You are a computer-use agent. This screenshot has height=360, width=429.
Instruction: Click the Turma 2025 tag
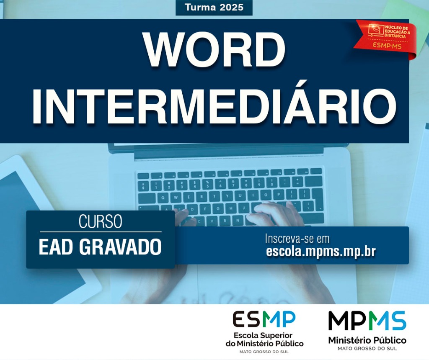[214, 8]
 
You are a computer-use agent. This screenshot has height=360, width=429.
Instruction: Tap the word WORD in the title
[215, 50]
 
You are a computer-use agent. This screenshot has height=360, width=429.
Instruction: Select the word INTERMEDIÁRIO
[214, 106]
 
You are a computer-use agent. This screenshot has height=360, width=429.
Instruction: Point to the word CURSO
[101, 221]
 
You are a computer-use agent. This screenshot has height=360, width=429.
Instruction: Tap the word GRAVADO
[121, 247]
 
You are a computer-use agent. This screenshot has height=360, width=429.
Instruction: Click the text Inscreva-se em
[297, 239]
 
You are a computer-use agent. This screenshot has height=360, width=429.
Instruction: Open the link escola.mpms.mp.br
[320, 252]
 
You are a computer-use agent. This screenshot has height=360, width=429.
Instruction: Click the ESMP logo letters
[264, 319]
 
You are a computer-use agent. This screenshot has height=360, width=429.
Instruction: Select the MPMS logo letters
[367, 320]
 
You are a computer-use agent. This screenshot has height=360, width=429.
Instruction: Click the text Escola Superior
[263, 335]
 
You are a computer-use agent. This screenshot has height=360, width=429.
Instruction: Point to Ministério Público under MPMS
[367, 341]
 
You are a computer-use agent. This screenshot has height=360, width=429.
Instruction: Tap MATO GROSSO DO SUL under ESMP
[264, 352]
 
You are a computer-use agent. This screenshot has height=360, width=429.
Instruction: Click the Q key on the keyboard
[163, 198]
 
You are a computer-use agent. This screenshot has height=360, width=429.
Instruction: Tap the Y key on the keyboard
[227, 196]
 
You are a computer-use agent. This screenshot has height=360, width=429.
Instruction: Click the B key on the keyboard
[225, 220]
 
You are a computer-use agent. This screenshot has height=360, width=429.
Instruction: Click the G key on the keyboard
[218, 208]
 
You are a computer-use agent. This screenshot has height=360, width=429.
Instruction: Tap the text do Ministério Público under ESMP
[265, 343]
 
